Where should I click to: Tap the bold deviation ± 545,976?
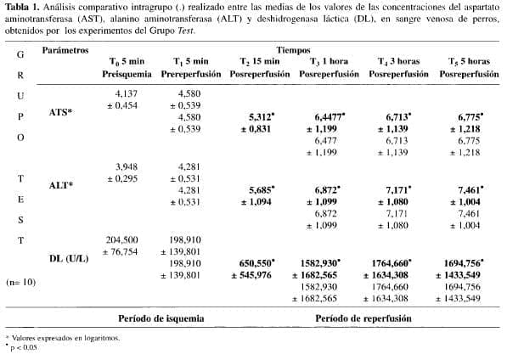pos(256,276)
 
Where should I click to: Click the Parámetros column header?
pos(66,52)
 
